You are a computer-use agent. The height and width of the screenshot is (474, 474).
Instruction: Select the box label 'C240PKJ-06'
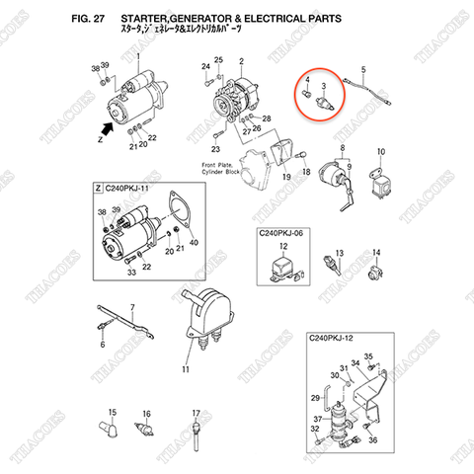pos(281,233)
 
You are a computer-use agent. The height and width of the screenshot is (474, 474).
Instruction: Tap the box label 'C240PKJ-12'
pos(336,339)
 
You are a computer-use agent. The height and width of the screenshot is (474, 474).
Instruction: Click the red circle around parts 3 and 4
pos(317,97)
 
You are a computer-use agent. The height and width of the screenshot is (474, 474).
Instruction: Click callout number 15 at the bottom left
pos(112,412)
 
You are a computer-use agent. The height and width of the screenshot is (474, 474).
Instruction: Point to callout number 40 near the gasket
pos(193,243)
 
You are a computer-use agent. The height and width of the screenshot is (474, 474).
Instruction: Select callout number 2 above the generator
pos(240,61)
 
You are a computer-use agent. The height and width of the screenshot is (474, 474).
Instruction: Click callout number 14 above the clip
pos(374,253)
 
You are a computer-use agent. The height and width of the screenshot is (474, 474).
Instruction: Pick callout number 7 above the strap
pos(134,310)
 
